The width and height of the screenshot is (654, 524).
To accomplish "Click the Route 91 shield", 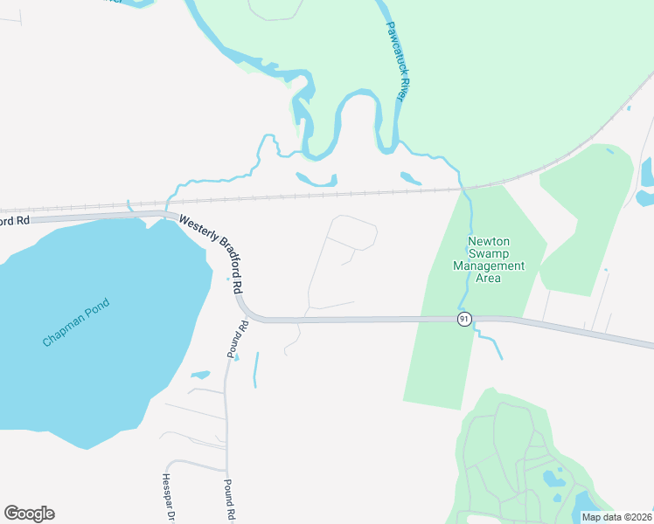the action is coord(463,320).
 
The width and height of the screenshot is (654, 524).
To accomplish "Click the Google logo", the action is coord(29,514).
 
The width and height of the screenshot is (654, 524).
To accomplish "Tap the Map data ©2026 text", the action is coord(616,517).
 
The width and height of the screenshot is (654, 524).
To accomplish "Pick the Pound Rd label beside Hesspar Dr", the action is coord(228,500).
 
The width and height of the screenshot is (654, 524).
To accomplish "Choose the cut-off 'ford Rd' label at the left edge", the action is coord(15,221).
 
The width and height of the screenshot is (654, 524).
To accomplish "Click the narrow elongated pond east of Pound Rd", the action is coord(256,369).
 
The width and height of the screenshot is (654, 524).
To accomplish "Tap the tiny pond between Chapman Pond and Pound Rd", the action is coord(200,376).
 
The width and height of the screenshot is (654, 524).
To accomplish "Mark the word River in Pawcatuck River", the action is coord(403,85).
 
